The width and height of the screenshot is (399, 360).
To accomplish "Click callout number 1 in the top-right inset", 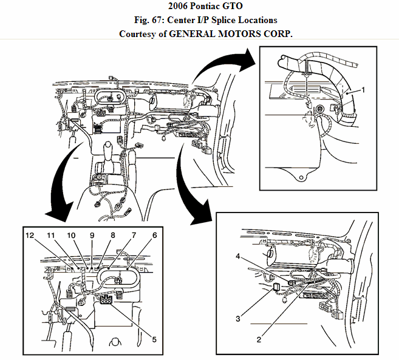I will pos(363,89).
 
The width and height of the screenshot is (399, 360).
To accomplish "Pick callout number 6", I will pos(155,235).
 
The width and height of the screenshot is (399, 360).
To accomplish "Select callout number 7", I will pos(134,235).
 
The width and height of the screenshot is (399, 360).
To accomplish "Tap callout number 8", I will pos(112,235).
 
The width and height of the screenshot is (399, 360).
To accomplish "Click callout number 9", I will pos(92,235).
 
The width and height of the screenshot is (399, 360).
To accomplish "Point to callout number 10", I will pos(71,235).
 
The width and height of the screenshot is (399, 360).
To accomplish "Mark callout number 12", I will pos(30,235).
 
